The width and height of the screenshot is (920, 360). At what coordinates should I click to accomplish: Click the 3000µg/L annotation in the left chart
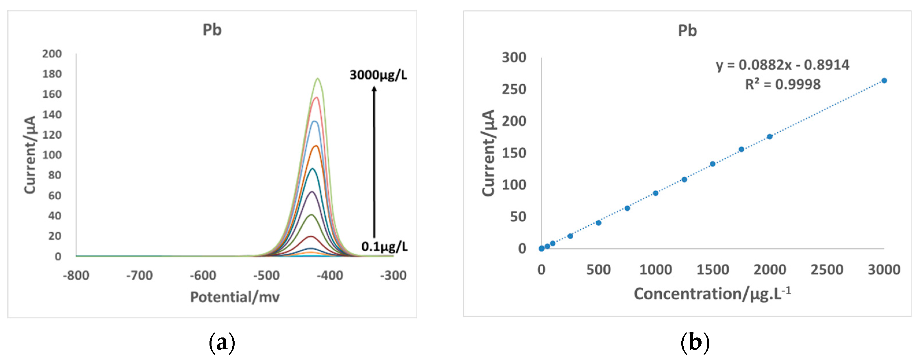pos(378,75)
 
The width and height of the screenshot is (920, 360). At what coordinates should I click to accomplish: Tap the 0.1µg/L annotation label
pos(384,246)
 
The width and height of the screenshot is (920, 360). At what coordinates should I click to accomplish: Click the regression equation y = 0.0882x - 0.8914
pos(782,65)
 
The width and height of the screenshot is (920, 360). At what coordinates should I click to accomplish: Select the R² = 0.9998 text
pos(782,84)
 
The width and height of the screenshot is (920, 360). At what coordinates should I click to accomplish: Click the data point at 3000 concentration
pos(884,81)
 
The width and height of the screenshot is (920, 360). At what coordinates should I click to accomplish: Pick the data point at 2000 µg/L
pos(770,137)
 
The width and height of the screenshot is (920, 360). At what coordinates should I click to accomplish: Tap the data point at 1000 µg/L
pos(656,193)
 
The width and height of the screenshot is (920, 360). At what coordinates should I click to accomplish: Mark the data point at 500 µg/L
pos(599,223)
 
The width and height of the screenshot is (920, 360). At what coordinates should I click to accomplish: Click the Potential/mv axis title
pos(235,297)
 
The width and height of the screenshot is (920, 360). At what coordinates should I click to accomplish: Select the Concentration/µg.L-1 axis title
pos(712,294)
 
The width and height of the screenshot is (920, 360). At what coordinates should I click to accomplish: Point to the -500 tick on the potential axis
pos(266,275)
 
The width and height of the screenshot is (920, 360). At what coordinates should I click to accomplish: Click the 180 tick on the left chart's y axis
pos(52,74)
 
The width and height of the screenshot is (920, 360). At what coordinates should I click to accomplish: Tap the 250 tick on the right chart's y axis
pos(514,89)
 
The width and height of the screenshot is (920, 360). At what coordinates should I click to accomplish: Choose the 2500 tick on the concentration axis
pos(827,270)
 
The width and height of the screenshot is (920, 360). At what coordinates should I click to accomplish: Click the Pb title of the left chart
pos(212,30)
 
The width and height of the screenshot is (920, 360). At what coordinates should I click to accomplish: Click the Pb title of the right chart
pos(687,31)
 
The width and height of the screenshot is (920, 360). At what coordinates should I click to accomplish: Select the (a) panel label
pos(222,342)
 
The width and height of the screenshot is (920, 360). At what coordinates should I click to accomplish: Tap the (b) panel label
pos(695,342)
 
